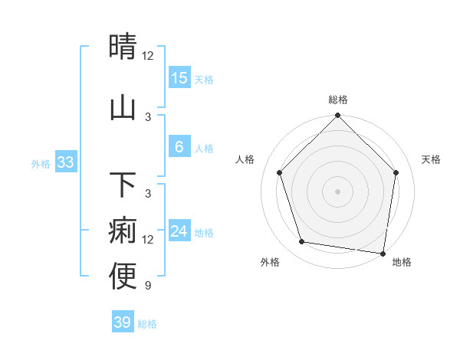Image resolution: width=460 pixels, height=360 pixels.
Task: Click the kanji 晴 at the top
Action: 123,47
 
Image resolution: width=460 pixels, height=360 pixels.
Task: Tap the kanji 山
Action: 123,107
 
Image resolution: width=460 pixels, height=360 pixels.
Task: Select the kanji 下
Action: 123,184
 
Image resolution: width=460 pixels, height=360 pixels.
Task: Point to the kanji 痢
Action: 123,230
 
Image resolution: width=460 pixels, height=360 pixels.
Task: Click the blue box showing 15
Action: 179,78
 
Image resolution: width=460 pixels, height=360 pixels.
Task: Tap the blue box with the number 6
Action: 179,147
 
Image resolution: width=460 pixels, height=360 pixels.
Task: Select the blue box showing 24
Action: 179,231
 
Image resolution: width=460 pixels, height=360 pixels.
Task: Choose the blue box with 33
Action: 65,162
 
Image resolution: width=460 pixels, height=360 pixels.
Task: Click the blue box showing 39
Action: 122,322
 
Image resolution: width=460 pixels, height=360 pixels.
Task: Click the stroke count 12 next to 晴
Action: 147,56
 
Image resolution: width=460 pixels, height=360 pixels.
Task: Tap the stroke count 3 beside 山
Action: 147,116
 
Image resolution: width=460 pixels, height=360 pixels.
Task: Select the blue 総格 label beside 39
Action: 147,324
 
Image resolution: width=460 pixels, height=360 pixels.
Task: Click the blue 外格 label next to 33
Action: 41,163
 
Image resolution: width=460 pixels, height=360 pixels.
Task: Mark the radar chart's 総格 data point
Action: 337,116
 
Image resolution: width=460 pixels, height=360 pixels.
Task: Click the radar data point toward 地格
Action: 383,253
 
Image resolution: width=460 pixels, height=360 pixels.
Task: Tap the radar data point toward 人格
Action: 280,172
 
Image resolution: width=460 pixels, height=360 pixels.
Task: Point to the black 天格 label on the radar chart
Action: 431,159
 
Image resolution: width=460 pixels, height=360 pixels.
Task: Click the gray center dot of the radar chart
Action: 337,191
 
